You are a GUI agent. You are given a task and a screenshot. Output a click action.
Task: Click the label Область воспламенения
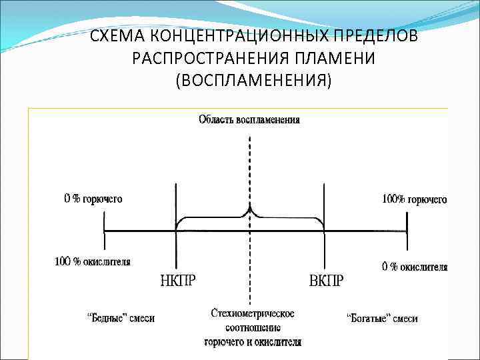[249, 120]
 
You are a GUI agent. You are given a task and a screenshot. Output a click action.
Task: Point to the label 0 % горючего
[93, 199]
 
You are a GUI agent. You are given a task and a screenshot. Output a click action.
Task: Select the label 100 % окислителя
[92, 261]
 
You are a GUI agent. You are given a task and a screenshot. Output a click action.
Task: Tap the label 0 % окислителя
[414, 267]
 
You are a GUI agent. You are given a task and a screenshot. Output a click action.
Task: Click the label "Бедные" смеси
[121, 318]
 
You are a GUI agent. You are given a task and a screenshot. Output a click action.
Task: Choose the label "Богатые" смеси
[383, 318]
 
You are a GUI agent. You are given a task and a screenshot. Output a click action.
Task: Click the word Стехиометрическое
[252, 313]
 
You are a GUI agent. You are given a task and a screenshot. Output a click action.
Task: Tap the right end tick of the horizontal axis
[408, 231]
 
